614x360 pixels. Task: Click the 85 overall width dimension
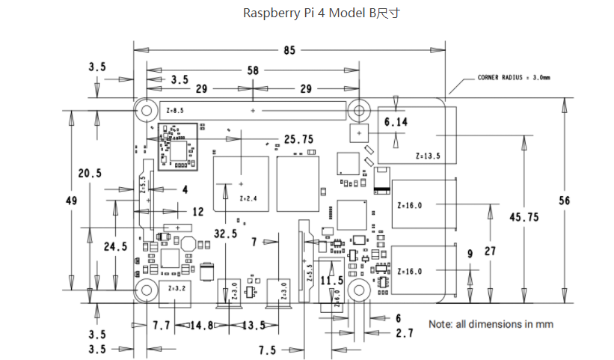click(289, 51)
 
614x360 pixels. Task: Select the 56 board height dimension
click(565, 201)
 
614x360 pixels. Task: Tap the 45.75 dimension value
click(524, 217)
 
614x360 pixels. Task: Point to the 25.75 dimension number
click(299, 139)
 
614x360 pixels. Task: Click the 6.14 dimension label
click(396, 122)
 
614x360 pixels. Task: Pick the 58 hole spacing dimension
click(253, 70)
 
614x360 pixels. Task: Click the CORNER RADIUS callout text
click(514, 78)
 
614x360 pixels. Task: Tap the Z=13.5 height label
click(428, 156)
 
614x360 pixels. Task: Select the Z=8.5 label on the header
click(175, 111)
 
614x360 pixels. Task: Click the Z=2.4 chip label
click(248, 198)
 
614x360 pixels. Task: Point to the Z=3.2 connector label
click(177, 288)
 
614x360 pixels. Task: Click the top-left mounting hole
click(147, 111)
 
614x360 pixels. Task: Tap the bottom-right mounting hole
click(359, 290)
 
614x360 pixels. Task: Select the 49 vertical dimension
click(71, 201)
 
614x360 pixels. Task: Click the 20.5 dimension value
click(90, 173)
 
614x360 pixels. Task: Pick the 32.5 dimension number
click(226, 234)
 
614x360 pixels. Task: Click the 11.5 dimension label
click(332, 281)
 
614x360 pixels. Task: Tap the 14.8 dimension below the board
click(202, 326)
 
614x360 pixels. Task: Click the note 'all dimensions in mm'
click(491, 324)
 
